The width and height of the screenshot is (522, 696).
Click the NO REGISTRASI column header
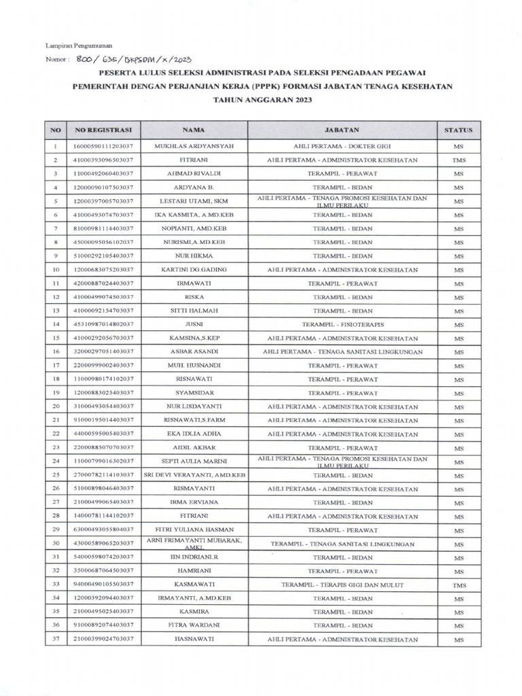pos(103,129)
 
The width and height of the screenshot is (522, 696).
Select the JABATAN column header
pos(342,129)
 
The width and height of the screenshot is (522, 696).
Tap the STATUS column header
pos(458,129)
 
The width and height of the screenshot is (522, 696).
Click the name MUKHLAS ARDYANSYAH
pos(194,146)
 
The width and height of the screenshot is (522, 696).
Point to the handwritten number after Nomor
pos(135,59)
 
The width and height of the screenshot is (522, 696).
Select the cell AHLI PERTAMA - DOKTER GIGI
pos(342,146)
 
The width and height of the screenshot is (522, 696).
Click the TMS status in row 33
pos(458,585)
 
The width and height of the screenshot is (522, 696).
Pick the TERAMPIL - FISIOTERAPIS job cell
pos(342,324)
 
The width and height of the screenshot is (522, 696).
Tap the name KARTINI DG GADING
pos(194,269)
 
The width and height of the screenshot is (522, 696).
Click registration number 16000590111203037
pos(103,146)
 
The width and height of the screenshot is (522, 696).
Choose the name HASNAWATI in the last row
pos(194,640)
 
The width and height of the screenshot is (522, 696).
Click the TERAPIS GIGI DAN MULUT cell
pos(342,585)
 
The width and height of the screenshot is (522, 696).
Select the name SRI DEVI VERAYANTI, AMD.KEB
pos(194,475)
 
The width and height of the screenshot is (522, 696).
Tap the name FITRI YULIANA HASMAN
pos(194,529)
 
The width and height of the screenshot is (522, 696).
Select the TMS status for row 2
pos(458,160)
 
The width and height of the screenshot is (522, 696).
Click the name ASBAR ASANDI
pos(194,351)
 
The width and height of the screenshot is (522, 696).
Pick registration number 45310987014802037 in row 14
pos(103,324)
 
